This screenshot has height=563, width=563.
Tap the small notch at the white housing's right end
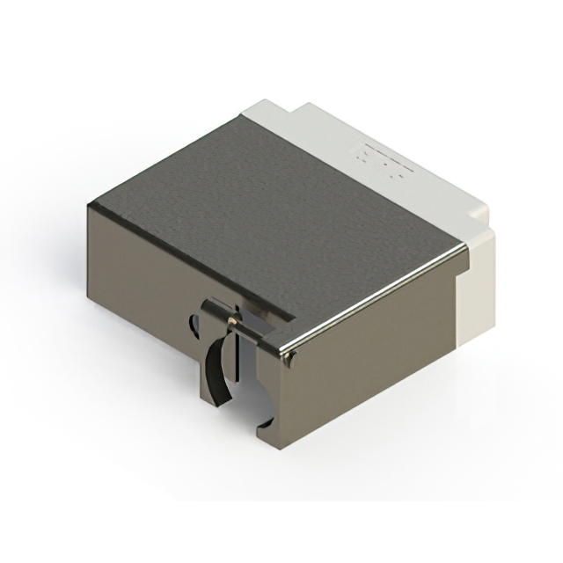point(481,212)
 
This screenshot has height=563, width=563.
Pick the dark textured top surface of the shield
point(264,220)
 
